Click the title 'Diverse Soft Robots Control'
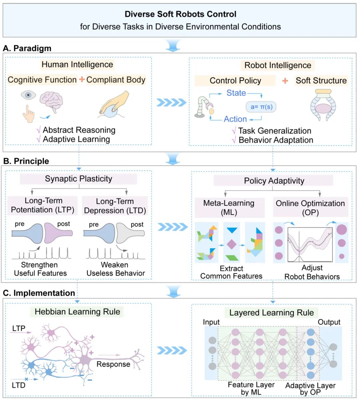180,14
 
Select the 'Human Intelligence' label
77,64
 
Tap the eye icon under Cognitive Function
28,95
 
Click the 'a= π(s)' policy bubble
261,107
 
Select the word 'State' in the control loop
236,93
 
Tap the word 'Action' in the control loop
235,119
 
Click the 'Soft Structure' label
321,81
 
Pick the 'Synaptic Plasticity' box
78,179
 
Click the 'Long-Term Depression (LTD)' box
115,206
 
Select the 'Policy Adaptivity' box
274,181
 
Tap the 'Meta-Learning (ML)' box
229,207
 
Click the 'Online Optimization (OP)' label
310,207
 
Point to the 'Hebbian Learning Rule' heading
77,312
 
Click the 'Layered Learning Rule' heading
271,313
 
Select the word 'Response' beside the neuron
113,364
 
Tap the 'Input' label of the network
211,322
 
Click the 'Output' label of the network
329,322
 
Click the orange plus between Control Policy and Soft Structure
285,81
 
